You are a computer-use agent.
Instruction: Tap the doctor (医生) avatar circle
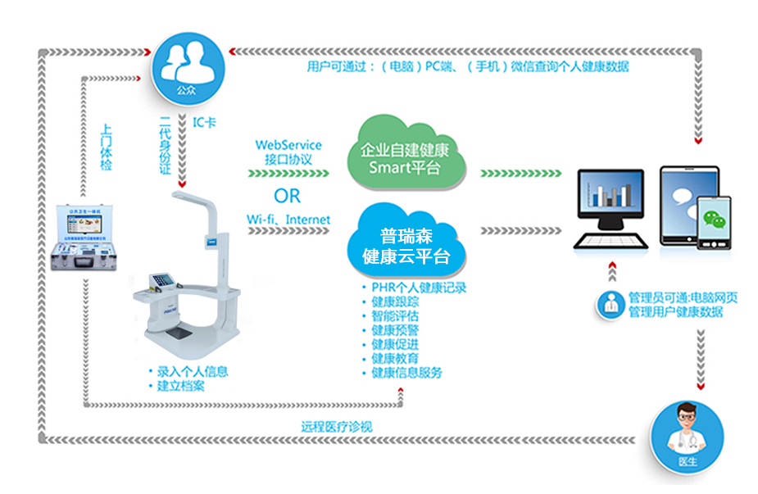[687, 439]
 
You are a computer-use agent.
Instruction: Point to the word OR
[287, 197]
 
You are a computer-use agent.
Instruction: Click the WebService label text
[288, 145]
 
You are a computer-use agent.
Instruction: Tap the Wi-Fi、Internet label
[288, 220]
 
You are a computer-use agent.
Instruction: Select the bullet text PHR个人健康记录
[418, 288]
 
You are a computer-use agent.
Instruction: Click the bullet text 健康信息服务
[406, 373]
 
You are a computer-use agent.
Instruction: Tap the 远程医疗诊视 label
[337, 426]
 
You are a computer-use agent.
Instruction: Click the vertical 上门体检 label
[106, 147]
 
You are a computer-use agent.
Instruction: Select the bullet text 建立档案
[181, 386]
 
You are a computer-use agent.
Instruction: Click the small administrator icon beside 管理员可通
[609, 305]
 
